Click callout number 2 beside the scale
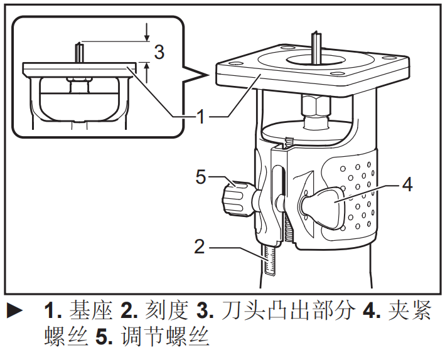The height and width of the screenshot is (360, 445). point(200,246)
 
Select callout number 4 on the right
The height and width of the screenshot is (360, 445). point(407,185)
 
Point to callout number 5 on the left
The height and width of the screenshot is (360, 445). point(200,177)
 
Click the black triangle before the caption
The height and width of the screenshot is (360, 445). point(14,310)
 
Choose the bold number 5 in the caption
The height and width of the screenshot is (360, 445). point(103,339)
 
